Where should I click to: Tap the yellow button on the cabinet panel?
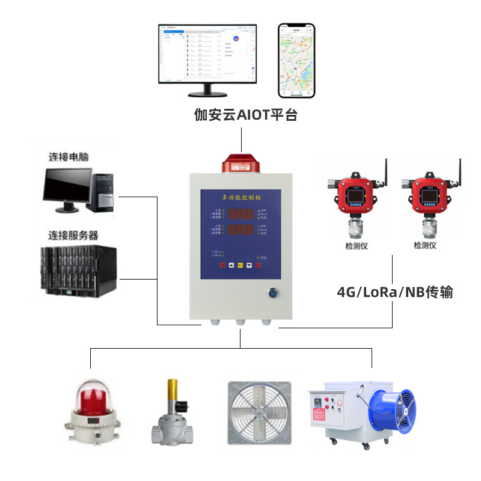tap(240, 265)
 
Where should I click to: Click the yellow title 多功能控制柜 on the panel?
tap(240, 197)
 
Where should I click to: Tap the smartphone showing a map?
tap(296, 61)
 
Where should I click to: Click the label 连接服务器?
tap(73, 235)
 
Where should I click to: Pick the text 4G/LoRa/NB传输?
tap(394, 293)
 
